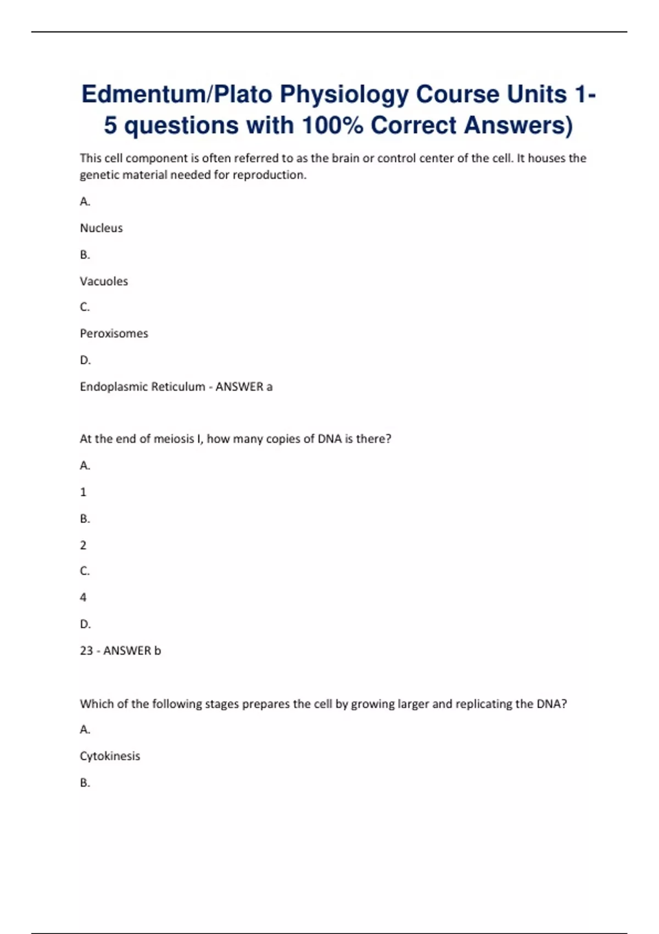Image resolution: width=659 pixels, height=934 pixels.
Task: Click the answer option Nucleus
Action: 102,228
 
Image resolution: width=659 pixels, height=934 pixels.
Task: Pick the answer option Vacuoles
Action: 104,281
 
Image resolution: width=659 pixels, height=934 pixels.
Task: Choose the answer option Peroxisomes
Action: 114,333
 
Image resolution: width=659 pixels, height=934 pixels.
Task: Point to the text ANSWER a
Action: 244,387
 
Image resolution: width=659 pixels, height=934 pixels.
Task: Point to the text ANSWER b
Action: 132,651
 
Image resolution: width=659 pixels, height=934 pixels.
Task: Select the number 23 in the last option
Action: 86,651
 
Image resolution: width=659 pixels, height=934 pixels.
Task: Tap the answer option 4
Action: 83,597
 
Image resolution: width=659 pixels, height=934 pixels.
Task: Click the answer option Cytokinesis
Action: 110,756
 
